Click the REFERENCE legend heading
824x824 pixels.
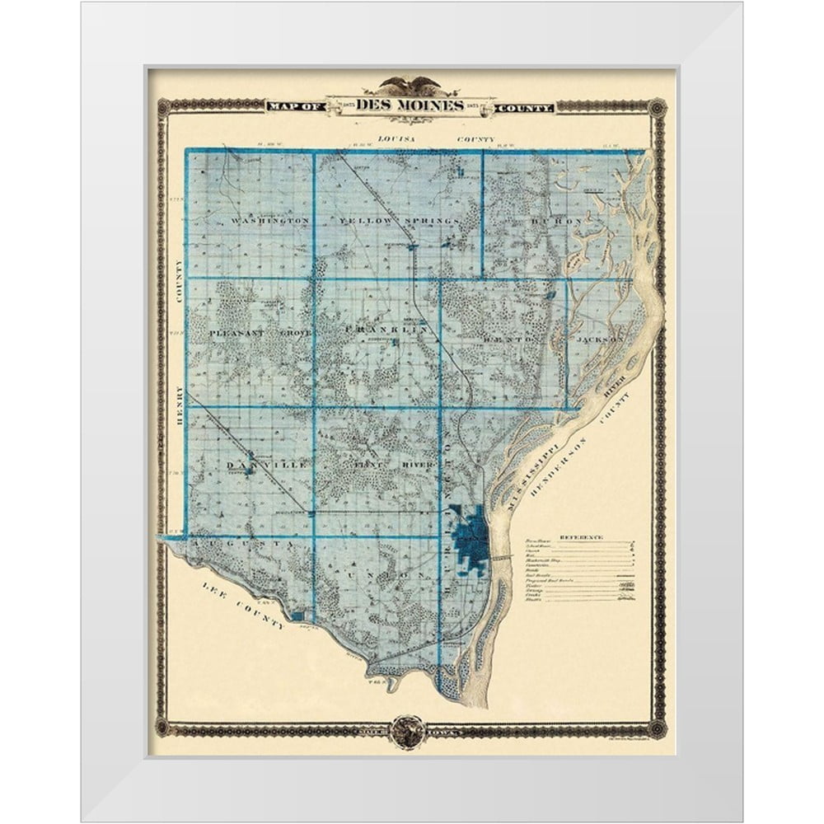pos(582,537)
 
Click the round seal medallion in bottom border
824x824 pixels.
pos(409,730)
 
